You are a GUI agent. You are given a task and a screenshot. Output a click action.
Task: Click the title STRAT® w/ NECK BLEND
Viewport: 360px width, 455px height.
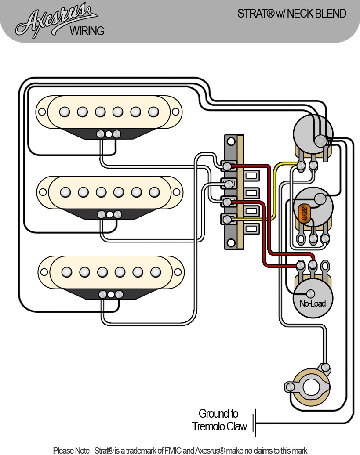(291, 14)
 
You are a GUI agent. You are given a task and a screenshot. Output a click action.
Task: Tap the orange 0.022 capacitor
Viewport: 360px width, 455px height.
(304, 213)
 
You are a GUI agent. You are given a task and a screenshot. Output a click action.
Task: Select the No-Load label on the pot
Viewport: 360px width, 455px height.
(312, 303)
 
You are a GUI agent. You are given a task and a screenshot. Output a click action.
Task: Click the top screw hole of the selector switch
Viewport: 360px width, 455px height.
(230, 141)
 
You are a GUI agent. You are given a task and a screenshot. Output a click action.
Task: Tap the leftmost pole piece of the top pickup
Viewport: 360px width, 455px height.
(65, 112)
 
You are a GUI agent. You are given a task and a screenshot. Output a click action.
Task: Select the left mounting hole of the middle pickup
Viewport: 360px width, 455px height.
(43, 192)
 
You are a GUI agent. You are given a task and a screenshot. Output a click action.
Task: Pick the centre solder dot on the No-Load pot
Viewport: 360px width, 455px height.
(311, 294)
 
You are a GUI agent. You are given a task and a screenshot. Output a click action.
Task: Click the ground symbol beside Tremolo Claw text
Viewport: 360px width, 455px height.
(255, 423)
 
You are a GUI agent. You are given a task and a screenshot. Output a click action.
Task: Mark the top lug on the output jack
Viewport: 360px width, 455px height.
(326, 367)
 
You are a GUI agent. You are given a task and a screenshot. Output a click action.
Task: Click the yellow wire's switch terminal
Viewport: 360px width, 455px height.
(227, 219)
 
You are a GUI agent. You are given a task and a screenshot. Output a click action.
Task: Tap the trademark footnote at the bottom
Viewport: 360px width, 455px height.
(180, 450)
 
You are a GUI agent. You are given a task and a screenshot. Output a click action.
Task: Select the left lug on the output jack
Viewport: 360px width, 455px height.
(289, 387)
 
